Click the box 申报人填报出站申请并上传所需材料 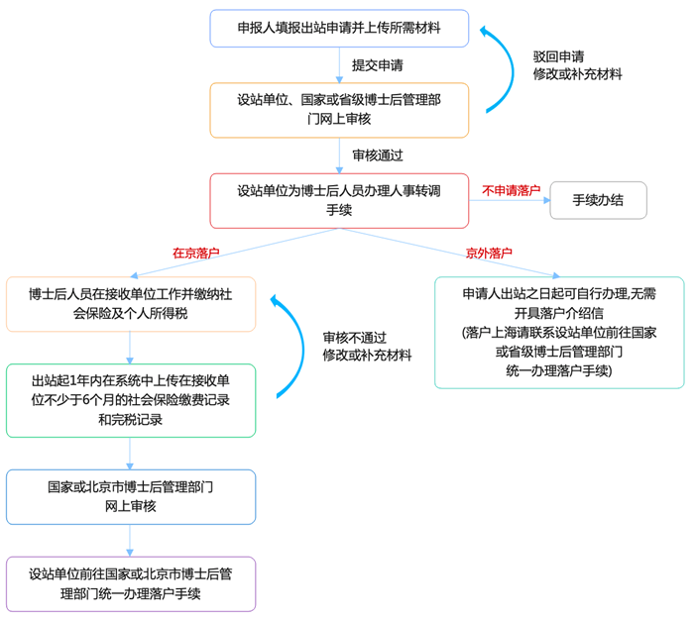click(x=339, y=28)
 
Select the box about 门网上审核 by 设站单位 click(x=339, y=109)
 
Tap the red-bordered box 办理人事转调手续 click(x=339, y=200)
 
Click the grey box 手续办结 click(x=599, y=200)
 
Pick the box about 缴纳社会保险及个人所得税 click(x=131, y=304)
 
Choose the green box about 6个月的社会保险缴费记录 click(x=131, y=400)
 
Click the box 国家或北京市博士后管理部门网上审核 click(x=131, y=496)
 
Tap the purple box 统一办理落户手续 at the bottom click(x=131, y=583)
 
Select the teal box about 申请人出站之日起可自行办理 click(x=559, y=332)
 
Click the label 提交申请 click(x=378, y=64)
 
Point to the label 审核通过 click(x=378, y=155)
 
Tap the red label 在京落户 click(x=195, y=253)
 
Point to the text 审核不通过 click(x=354, y=337)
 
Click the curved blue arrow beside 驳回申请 click(x=495, y=69)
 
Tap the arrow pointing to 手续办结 click(x=510, y=201)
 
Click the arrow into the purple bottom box click(x=131, y=540)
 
